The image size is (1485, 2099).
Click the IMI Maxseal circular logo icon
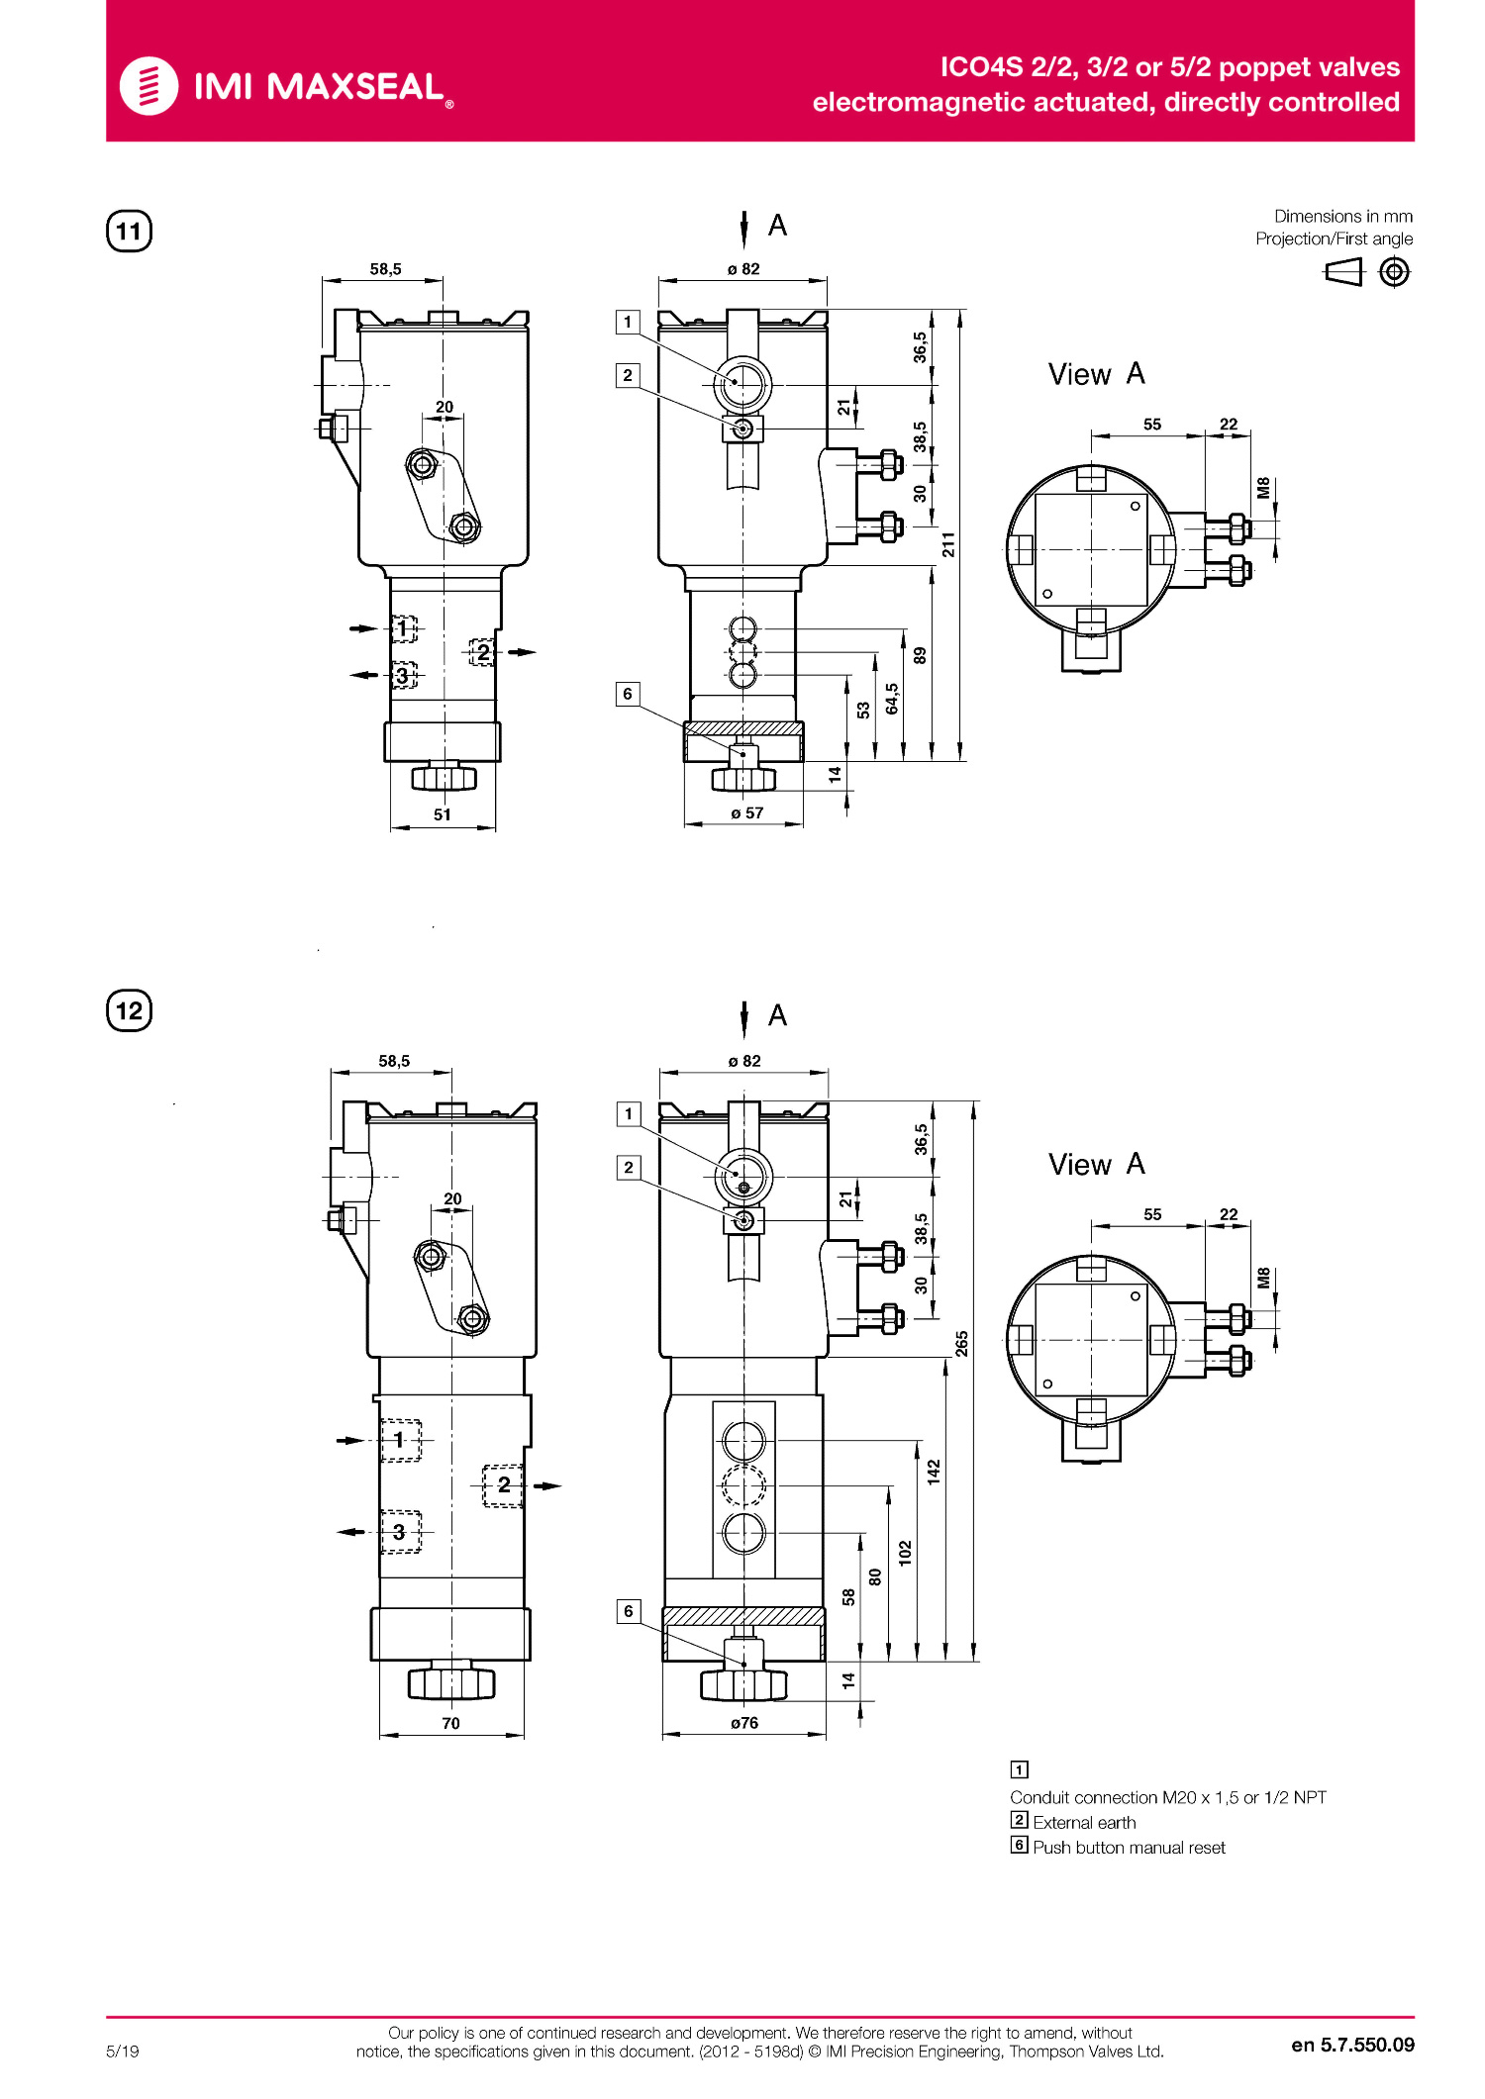[148, 86]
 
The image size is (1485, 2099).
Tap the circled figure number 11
[129, 232]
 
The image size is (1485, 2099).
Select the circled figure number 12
[129, 1010]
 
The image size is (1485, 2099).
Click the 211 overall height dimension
[948, 544]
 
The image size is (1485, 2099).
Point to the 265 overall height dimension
[961, 1343]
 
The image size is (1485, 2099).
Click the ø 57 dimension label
[747, 813]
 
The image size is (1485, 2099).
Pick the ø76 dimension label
[744, 1723]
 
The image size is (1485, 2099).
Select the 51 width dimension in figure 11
[443, 814]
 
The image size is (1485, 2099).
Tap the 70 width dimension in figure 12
[450, 1723]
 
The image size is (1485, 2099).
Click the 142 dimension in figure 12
[934, 1473]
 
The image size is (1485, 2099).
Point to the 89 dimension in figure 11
[920, 655]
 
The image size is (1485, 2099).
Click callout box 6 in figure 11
[628, 694]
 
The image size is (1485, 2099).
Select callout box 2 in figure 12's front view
[629, 1167]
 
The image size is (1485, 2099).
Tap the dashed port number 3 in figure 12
[399, 1532]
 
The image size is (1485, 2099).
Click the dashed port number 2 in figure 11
[483, 652]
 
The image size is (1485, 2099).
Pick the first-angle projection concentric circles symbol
[1394, 271]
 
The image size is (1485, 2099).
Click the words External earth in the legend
[1084, 1823]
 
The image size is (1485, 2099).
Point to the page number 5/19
[123, 2051]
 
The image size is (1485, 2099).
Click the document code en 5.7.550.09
[1352, 2045]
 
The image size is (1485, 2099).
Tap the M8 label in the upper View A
[1263, 487]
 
